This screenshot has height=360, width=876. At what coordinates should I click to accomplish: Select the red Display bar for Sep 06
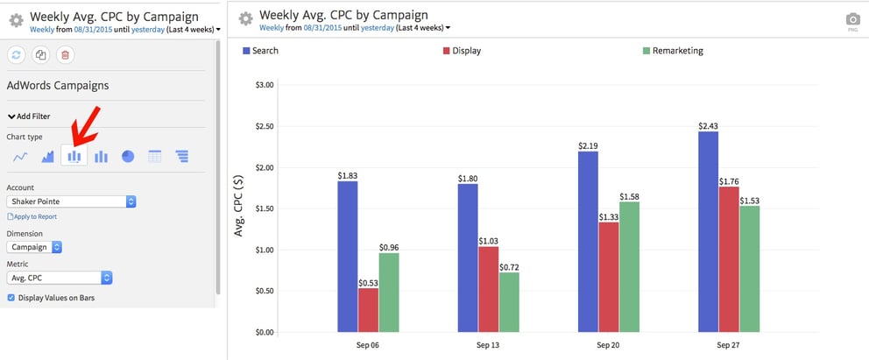click(x=368, y=310)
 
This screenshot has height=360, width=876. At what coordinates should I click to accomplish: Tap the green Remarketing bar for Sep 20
click(x=628, y=267)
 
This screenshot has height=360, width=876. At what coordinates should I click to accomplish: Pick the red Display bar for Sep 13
click(x=488, y=289)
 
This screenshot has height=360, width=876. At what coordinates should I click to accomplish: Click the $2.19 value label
click(x=588, y=145)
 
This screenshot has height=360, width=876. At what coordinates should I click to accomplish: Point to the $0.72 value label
click(x=508, y=266)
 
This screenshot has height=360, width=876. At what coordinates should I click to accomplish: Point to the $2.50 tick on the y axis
click(x=263, y=126)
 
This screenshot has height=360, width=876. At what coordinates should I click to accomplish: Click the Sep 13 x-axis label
click(x=488, y=345)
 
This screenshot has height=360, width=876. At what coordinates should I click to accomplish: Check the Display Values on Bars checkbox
click(x=11, y=298)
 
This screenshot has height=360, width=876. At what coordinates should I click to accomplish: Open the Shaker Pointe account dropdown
click(x=71, y=201)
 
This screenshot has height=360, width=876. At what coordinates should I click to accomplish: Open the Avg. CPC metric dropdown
click(x=60, y=278)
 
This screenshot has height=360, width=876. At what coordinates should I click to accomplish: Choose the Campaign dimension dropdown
click(x=34, y=247)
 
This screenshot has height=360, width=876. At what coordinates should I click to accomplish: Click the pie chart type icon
click(x=128, y=157)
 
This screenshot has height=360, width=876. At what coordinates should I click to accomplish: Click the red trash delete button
click(x=64, y=55)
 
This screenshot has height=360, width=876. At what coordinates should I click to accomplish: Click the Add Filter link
click(x=29, y=116)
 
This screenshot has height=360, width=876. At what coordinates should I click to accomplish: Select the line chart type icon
click(x=19, y=157)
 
